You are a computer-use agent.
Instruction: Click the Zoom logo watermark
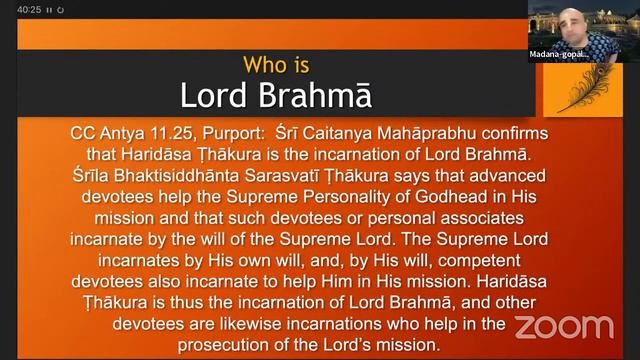coord(564,326)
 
